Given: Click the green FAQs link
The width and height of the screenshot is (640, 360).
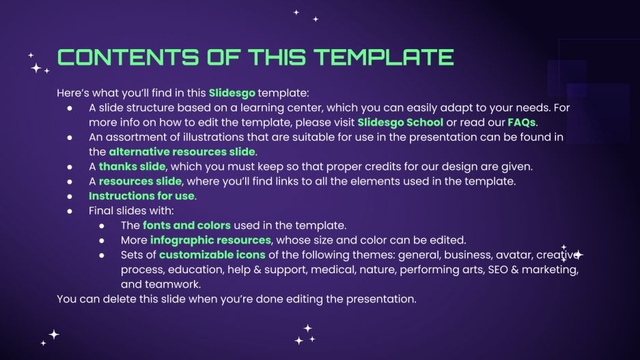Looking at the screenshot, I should point(521,122).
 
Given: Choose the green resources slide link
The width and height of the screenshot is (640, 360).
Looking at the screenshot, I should point(140,181).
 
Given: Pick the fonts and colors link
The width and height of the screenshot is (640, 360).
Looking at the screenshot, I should point(186,225).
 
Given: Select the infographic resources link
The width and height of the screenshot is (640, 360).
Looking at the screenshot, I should point(210,240).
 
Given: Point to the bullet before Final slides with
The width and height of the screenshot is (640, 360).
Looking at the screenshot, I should point(70,211).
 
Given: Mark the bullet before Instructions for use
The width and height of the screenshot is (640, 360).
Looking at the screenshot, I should point(70,196).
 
